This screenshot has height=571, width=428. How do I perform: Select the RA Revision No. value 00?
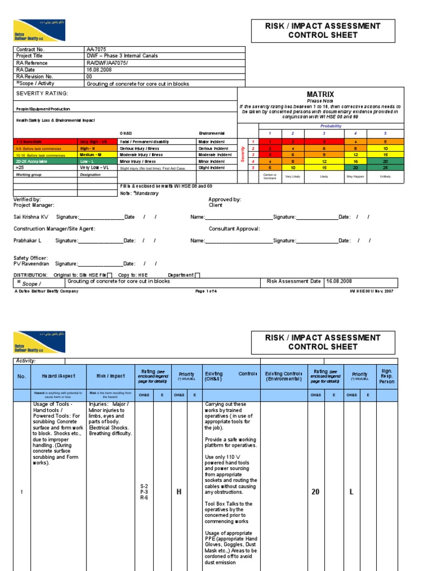click(x=89, y=77)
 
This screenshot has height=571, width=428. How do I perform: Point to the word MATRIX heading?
click(x=320, y=95)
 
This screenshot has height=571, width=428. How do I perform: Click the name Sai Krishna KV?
click(x=31, y=216)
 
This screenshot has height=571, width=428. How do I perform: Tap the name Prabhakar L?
click(x=28, y=240)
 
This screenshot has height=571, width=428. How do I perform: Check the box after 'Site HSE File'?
click(x=109, y=275)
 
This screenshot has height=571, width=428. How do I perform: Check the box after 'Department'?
click(x=197, y=275)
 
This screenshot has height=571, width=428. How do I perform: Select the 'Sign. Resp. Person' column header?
click(x=387, y=376)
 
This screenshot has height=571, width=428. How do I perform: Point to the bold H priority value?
click(x=179, y=492)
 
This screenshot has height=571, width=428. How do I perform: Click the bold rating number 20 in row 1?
click(x=315, y=492)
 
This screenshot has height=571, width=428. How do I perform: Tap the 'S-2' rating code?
click(x=144, y=486)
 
